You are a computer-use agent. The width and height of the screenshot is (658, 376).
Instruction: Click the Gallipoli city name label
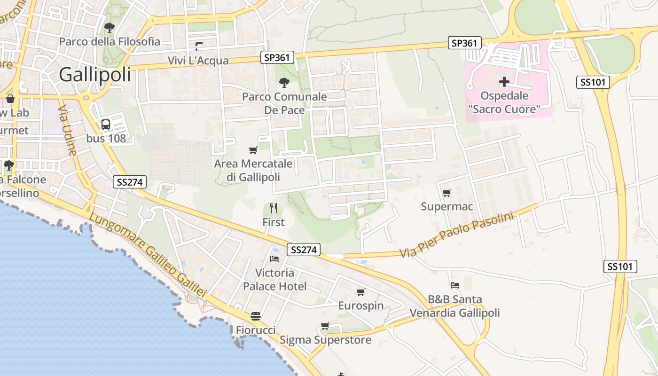click(x=95, y=75)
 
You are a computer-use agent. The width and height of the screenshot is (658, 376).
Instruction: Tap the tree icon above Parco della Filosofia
click(x=110, y=28)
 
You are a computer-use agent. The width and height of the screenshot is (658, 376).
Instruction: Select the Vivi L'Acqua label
click(x=198, y=61)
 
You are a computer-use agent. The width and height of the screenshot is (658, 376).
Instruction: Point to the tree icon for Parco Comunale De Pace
click(x=284, y=83)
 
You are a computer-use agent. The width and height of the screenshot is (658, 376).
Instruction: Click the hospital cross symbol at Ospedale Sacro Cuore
click(x=504, y=82)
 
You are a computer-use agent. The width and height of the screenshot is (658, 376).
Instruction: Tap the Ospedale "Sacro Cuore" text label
click(x=504, y=103)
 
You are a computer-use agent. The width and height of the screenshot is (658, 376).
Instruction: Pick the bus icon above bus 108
click(x=106, y=125)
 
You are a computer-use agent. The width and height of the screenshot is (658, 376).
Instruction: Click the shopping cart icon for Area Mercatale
click(x=253, y=150)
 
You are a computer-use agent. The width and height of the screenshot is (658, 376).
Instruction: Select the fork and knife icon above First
click(x=274, y=208)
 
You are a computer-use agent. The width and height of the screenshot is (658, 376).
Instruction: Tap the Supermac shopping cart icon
click(x=446, y=193)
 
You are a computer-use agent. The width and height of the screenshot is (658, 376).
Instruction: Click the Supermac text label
click(x=446, y=207)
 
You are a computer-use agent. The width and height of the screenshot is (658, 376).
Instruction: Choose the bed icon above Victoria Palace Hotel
click(x=274, y=258)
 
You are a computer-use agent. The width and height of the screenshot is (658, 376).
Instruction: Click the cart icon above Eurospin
click(x=360, y=292)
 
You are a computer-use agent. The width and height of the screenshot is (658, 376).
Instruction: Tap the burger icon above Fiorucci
click(x=256, y=316)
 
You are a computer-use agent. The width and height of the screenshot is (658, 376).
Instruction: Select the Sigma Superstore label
click(x=325, y=340)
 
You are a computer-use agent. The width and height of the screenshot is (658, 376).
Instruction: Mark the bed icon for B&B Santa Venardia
click(x=454, y=285)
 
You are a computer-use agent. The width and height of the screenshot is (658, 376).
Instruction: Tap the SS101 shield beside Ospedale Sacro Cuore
click(x=593, y=82)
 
